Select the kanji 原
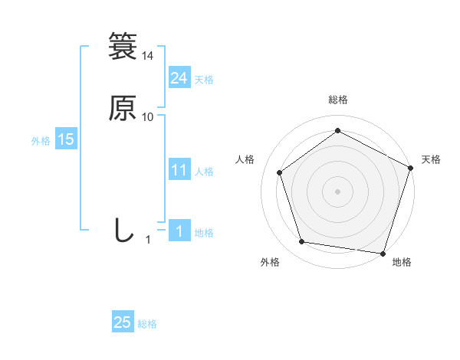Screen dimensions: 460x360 (123, 108)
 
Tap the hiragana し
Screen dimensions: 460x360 (123, 230)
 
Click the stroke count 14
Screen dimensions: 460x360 (148, 57)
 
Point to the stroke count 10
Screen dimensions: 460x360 (148, 117)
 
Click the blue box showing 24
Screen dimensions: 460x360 (179, 78)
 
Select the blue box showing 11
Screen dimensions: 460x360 (179, 170)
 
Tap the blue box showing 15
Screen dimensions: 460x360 (65, 139)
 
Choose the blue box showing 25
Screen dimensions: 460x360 (123, 323)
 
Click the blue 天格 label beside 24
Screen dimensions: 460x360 (204, 80)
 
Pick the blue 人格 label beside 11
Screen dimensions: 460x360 (204, 172)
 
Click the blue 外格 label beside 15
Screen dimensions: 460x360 (41, 141)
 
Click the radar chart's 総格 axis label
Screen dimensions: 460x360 (337, 100)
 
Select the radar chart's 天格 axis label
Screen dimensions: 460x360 (431, 159)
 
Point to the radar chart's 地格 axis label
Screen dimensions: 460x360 (402, 263)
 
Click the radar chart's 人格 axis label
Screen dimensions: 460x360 (245, 159)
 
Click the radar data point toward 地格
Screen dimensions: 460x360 (383, 253)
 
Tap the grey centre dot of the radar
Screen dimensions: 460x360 (337, 191)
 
